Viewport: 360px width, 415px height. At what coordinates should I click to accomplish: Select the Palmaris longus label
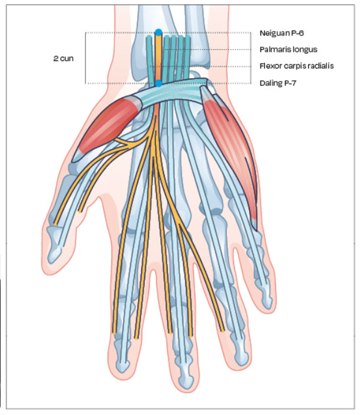[288, 50]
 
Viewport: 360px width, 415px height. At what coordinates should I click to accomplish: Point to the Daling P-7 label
[278, 83]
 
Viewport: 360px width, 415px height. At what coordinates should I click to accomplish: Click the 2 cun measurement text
[63, 59]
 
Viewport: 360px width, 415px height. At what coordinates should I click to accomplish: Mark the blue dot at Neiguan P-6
[158, 31]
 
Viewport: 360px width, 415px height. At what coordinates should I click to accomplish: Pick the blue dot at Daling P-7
[158, 83]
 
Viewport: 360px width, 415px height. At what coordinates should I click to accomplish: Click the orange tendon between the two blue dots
[158, 57]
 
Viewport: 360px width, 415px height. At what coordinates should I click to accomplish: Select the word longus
[306, 50]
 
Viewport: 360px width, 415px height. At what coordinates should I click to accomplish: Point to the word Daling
[271, 83]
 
